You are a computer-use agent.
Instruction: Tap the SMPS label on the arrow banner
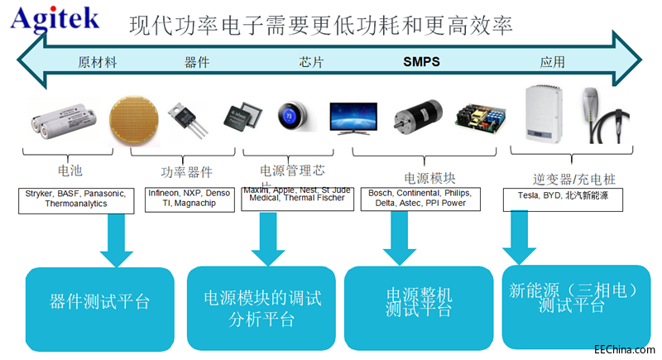421,62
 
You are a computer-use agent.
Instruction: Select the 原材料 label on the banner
97,62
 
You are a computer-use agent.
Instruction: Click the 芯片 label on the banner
311,62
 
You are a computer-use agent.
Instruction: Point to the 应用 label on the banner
552,62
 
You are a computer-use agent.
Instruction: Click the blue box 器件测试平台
100,301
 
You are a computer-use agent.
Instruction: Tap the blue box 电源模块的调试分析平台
261,306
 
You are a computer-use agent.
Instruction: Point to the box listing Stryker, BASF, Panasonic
74,199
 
